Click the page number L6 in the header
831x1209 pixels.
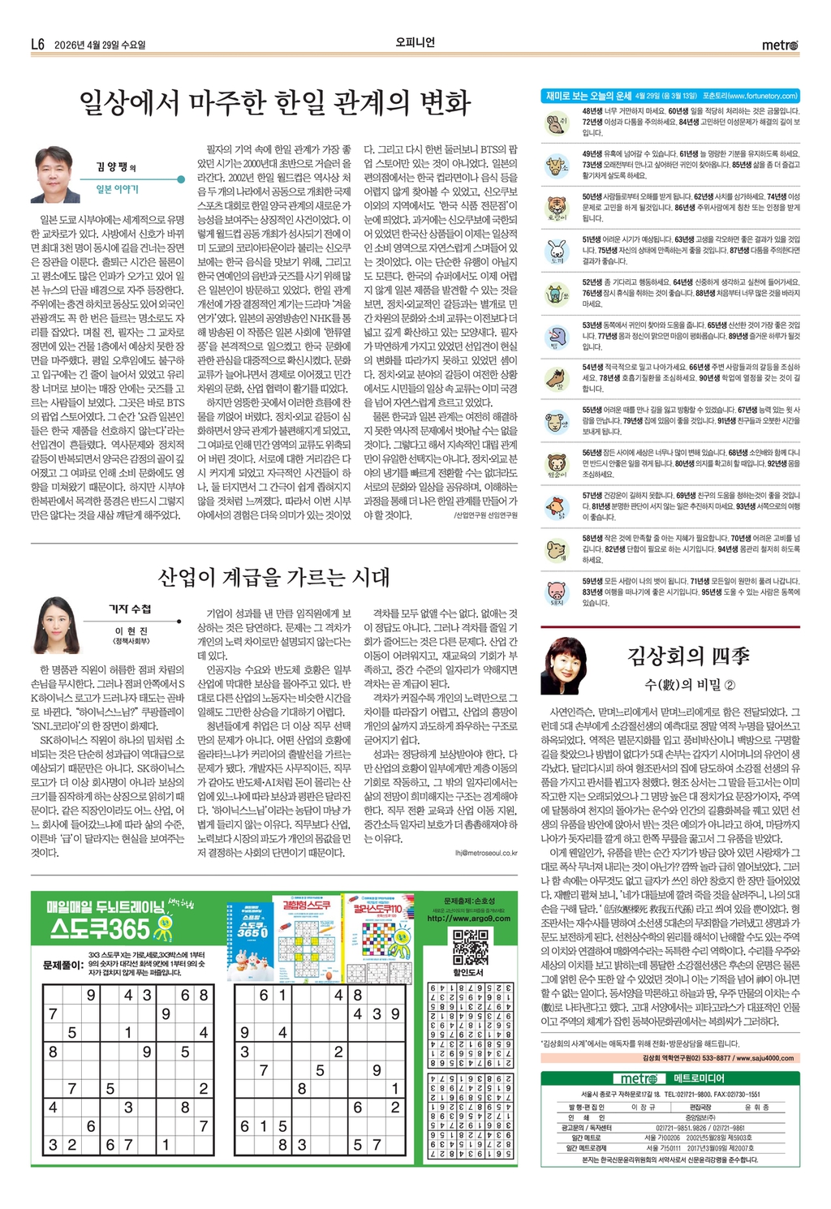(x=38, y=45)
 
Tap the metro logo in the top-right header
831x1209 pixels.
(x=779, y=45)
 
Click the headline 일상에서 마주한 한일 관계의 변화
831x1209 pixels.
(x=274, y=103)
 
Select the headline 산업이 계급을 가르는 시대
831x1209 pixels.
(x=273, y=578)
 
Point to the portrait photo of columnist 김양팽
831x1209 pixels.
(x=55, y=174)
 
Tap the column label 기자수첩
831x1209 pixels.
(x=130, y=609)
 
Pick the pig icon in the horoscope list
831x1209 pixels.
(x=556, y=592)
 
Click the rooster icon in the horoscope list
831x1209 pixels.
(x=556, y=506)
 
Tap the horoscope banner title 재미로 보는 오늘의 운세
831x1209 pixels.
(x=588, y=96)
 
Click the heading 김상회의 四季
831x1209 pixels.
(x=688, y=656)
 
